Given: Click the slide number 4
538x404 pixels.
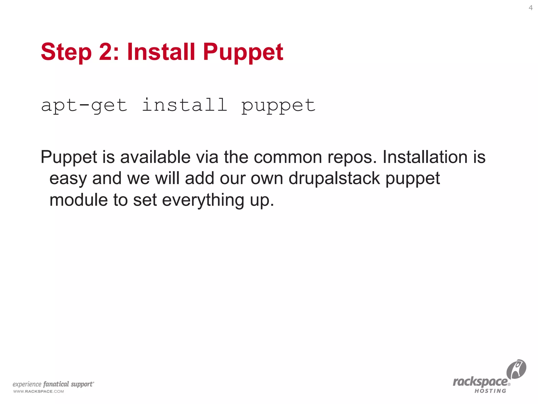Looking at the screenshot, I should pos(530,8).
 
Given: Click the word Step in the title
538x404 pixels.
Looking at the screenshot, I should pos(66,52).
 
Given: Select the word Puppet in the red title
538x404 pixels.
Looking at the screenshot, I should pos(243,52).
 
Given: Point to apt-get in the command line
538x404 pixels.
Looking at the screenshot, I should pos(84,105).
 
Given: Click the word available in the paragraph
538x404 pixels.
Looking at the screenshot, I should pos(155,157).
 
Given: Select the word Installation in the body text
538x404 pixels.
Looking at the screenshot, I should pos(425,157).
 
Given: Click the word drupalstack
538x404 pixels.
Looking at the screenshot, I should pos(334,179).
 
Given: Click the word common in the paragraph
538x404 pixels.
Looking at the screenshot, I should pos(288,157).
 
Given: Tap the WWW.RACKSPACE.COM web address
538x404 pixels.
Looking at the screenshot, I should pos(39,391).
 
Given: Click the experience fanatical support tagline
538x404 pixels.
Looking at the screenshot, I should pos(53,384).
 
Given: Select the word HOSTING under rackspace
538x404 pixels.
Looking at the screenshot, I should pos(490,391).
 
